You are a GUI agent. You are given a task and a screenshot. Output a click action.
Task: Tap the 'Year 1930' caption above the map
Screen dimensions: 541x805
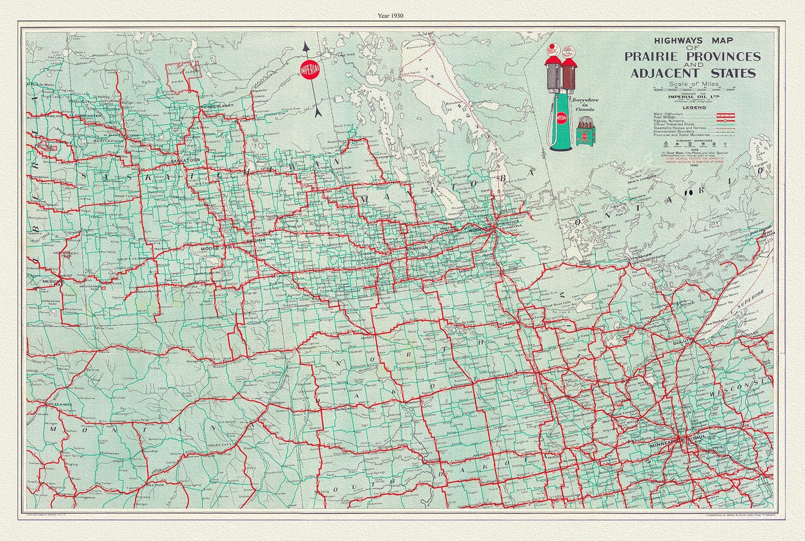tap(402, 16)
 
